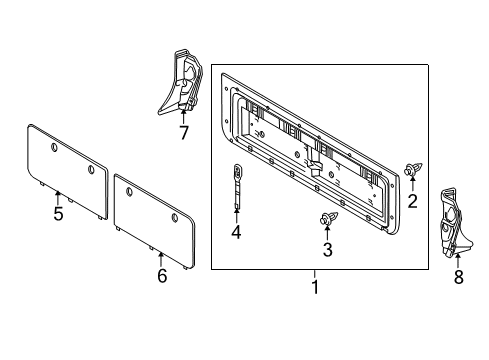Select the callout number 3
[x=327, y=248]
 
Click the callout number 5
[x=58, y=213]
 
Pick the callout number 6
[x=161, y=276]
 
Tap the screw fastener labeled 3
[x=327, y=218]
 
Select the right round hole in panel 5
[x=91, y=171]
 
